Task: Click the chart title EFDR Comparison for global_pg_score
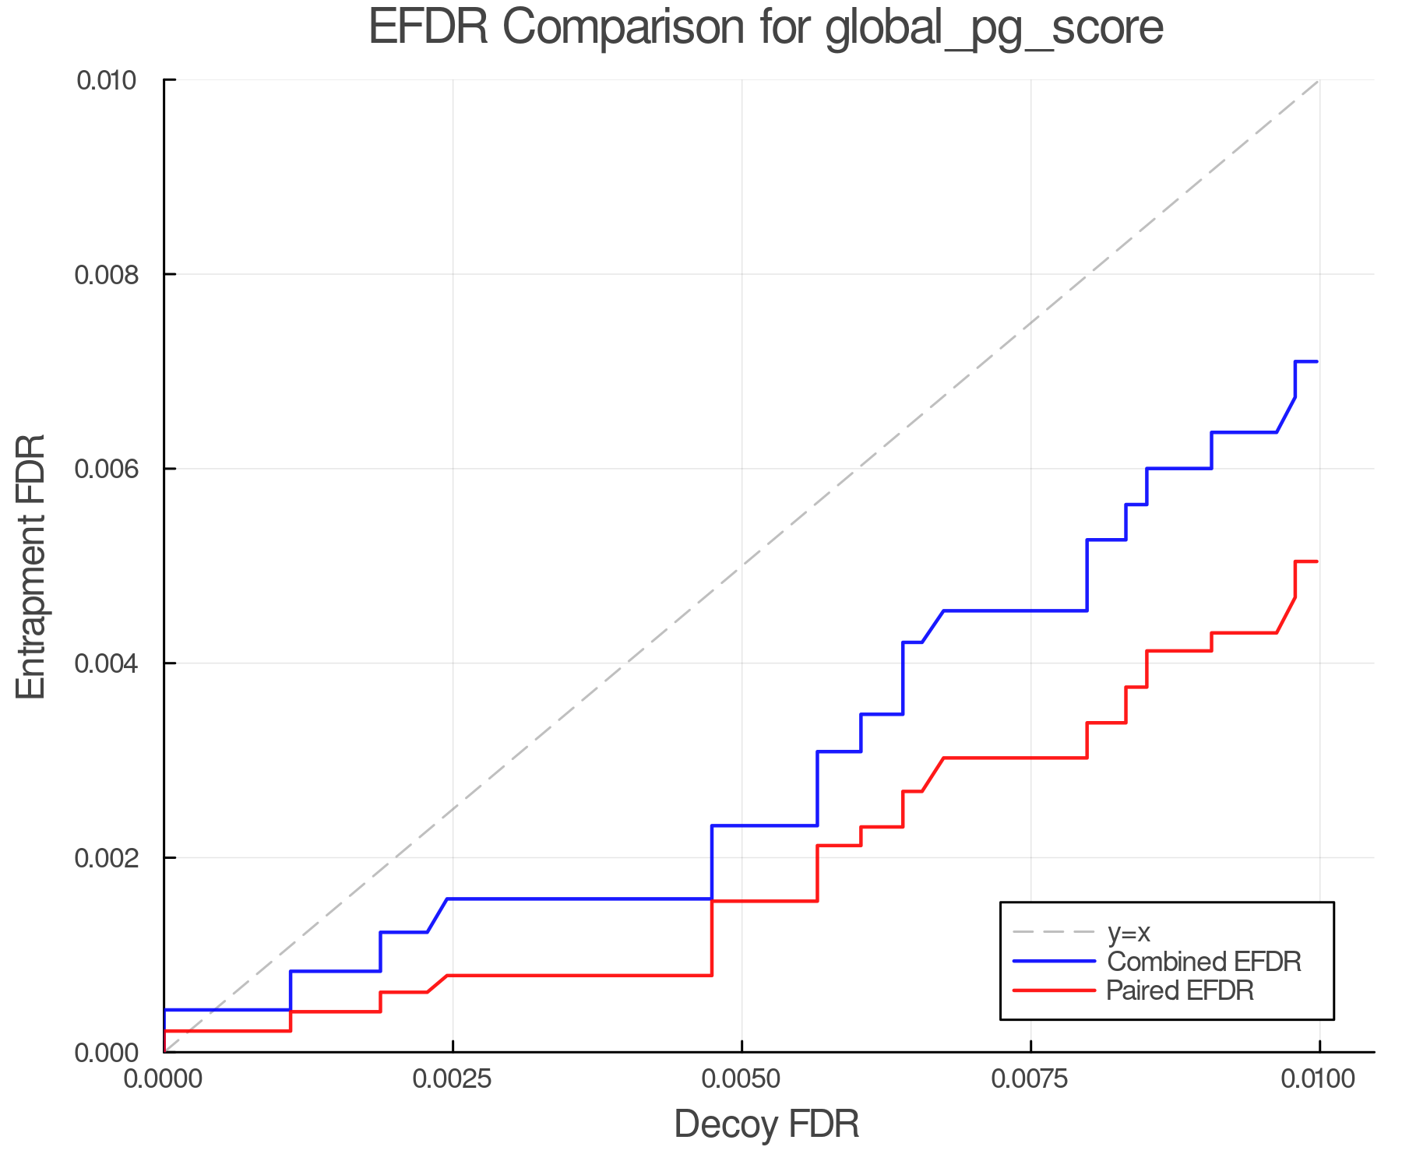click(x=766, y=27)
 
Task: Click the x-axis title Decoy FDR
click(x=766, y=1124)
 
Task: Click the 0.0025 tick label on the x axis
click(x=453, y=1079)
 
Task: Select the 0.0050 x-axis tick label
click(x=742, y=1079)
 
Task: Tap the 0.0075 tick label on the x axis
click(x=1030, y=1079)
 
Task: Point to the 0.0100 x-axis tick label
click(x=1319, y=1079)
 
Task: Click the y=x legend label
click(x=1129, y=932)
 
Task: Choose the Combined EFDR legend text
click(x=1203, y=962)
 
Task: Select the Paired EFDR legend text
click(x=1180, y=990)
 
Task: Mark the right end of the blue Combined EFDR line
click(x=1316, y=361)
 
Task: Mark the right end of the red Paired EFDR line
click(x=1316, y=561)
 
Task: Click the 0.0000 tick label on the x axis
click(x=164, y=1079)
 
